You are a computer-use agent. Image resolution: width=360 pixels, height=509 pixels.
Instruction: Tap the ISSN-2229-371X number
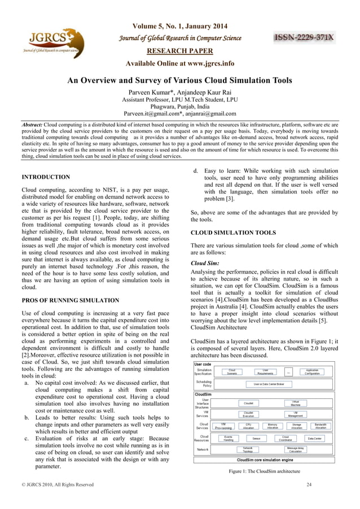304,38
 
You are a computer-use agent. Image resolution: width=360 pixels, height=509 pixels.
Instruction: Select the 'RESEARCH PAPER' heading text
179,50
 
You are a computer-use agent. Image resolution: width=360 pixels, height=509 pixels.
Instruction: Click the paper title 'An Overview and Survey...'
179,81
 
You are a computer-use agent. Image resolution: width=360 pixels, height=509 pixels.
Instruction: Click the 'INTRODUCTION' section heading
46,177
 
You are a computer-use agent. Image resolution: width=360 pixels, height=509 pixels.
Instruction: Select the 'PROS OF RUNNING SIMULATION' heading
70,300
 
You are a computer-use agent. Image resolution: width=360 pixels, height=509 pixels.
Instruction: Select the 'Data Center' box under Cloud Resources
315,438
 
